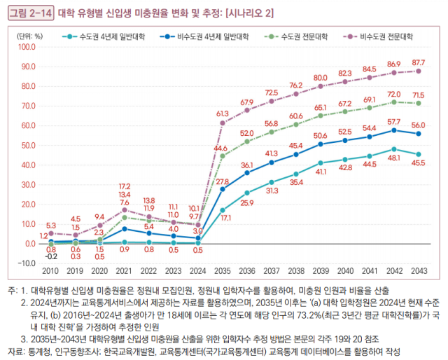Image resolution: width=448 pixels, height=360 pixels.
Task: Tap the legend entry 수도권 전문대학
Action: tap(297, 34)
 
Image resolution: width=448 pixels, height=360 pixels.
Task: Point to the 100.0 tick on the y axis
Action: tap(25, 47)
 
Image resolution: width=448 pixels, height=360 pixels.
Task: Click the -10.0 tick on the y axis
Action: tap(25, 263)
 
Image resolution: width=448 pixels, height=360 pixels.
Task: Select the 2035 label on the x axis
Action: tap(223, 271)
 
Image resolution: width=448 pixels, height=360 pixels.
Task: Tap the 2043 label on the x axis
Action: tap(419, 271)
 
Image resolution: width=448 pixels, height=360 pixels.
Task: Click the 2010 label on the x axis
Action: tap(51, 271)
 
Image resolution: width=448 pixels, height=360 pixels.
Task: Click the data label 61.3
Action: tap(223, 113)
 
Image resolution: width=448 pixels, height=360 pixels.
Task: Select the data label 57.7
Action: tap(394, 123)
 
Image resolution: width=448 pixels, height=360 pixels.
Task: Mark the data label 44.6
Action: tap(220, 148)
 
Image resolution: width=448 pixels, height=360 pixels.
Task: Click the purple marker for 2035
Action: tap(223, 123)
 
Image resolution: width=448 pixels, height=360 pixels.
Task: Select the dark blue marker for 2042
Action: tap(394, 130)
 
